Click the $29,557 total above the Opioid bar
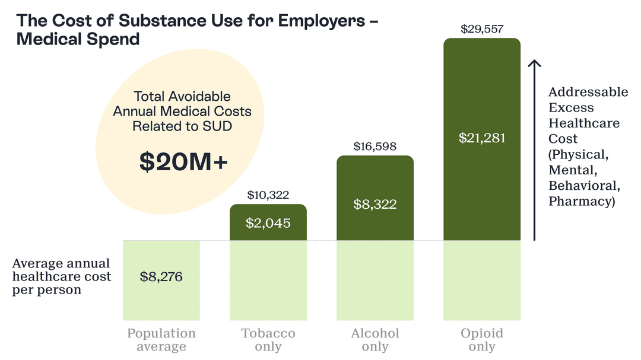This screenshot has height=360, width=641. [481, 29]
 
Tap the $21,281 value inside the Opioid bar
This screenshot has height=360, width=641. [481, 138]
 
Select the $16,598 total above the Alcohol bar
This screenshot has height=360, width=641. [375, 146]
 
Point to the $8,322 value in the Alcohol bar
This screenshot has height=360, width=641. [375, 204]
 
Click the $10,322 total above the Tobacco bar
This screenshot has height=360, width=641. [268, 195]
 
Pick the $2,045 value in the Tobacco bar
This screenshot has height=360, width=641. [268, 224]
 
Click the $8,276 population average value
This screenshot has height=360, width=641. [161, 276]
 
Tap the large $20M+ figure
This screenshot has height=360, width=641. [183, 163]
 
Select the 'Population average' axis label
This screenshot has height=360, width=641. [161, 340]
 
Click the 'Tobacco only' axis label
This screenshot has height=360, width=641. [268, 340]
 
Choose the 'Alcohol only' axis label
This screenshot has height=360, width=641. [375, 340]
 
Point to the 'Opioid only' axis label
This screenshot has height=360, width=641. [481, 340]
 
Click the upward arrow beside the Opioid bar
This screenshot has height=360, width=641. [534, 148]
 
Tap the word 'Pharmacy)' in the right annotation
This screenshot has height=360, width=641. [581, 201]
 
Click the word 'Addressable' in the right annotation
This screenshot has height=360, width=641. [588, 93]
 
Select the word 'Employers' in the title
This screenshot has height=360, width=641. [321, 20]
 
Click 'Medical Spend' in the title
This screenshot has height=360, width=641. [78, 40]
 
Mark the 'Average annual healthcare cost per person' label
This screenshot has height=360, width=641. [62, 276]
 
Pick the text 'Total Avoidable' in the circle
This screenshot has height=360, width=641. [182, 96]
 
